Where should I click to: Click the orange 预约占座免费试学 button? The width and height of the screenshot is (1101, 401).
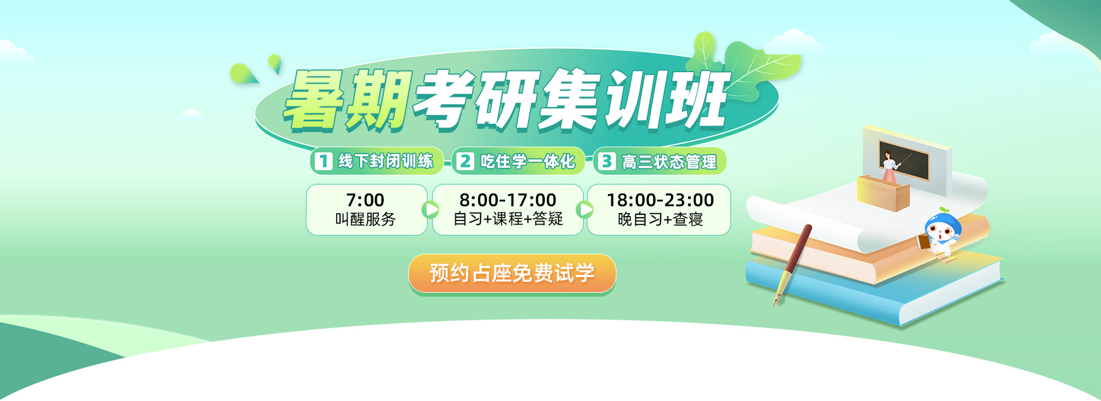tap(512, 273)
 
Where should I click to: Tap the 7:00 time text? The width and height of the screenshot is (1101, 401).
tap(365, 200)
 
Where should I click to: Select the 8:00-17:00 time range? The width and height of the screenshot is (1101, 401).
tap(507, 200)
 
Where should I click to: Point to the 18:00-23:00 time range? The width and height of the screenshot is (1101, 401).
tap(660, 200)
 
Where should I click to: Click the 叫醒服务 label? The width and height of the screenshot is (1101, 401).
tap(365, 219)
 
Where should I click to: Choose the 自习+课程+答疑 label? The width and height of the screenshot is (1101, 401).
tap(508, 219)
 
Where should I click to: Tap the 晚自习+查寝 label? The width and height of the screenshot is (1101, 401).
tap(660, 219)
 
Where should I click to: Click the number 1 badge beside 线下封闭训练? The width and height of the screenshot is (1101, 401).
tap(323, 161)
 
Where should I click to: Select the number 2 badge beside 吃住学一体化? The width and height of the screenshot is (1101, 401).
tap(465, 161)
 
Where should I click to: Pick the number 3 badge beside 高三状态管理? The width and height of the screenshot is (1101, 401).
tap(606, 161)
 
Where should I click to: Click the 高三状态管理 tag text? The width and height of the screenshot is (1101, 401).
tap(669, 162)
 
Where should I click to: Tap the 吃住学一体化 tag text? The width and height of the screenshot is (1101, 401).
tap(528, 162)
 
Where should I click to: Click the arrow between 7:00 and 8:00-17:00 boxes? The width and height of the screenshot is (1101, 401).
tap(430, 210)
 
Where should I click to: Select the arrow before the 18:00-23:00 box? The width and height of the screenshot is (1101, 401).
tap(585, 210)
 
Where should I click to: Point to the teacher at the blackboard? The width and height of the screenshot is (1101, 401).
tap(891, 167)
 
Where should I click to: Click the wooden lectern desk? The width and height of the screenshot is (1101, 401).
tap(883, 193)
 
